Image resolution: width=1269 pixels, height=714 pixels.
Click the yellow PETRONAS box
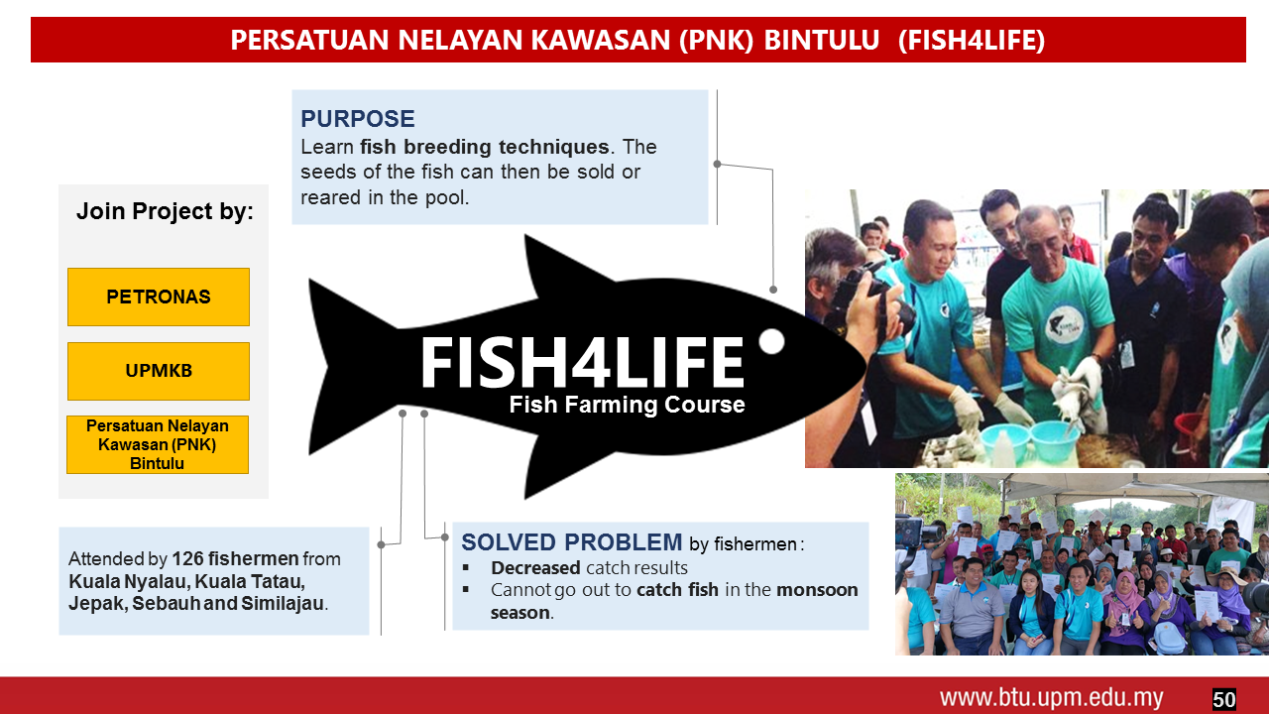tap(159, 297)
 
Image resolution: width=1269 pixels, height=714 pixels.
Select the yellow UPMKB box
tap(159, 371)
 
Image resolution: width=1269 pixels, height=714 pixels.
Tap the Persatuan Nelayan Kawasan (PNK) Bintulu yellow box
tap(158, 445)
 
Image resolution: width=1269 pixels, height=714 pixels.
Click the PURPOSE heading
tap(358, 119)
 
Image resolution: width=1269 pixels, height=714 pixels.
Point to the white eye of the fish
tap(771, 341)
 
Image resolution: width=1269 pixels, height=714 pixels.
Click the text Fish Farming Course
tap(627, 405)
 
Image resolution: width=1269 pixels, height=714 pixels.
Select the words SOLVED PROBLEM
tap(572, 542)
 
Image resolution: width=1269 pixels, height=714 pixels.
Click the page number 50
tap(1223, 699)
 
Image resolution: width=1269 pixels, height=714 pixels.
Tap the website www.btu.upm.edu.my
tap(1052, 697)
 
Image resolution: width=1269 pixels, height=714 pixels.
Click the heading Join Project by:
tap(165, 211)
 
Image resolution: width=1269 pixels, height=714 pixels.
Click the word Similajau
tap(283, 604)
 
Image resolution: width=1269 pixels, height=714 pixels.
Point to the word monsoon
tap(817, 590)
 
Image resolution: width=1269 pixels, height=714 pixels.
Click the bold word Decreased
tap(535, 568)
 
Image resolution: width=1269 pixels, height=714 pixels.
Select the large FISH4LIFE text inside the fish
tap(582, 363)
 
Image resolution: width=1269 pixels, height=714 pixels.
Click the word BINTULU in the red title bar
tap(822, 41)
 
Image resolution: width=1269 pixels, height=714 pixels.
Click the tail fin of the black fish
tap(346, 366)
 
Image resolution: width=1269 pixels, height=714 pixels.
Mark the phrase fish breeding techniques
tap(485, 148)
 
